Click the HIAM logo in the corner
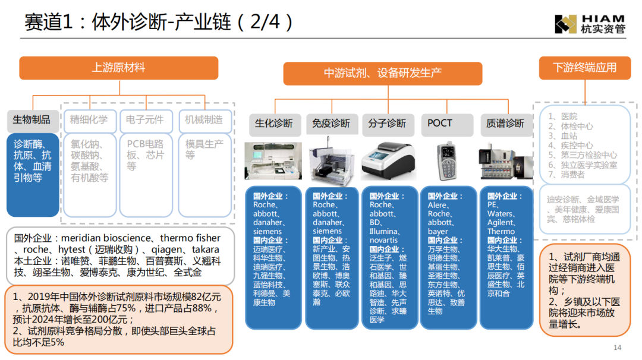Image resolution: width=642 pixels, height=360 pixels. [x=590, y=24]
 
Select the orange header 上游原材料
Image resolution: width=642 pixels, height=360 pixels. [x=119, y=68]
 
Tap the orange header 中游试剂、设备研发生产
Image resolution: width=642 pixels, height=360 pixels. [x=382, y=74]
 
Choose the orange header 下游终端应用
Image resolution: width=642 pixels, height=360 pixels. [x=585, y=68]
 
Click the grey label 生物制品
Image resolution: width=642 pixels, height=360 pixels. [x=32, y=120]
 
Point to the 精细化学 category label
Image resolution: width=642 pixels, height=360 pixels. [x=89, y=120]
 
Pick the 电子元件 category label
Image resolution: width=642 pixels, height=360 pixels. [x=145, y=120]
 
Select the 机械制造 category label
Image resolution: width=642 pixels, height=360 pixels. [x=204, y=120]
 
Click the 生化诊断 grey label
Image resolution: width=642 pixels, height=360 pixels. [x=274, y=124]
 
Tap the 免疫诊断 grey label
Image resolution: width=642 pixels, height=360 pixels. [x=332, y=124]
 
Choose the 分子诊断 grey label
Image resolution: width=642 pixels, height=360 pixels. [x=388, y=124]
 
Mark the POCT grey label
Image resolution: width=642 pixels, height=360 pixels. [x=446, y=124]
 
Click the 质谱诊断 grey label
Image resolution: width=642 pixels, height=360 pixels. [x=506, y=124]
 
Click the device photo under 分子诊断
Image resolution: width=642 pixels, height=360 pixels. [x=388, y=161]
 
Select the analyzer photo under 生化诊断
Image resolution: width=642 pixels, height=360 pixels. [x=273, y=161]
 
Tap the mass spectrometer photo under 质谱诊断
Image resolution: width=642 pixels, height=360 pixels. [x=506, y=161]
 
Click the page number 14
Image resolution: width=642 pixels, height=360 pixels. [x=618, y=348]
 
